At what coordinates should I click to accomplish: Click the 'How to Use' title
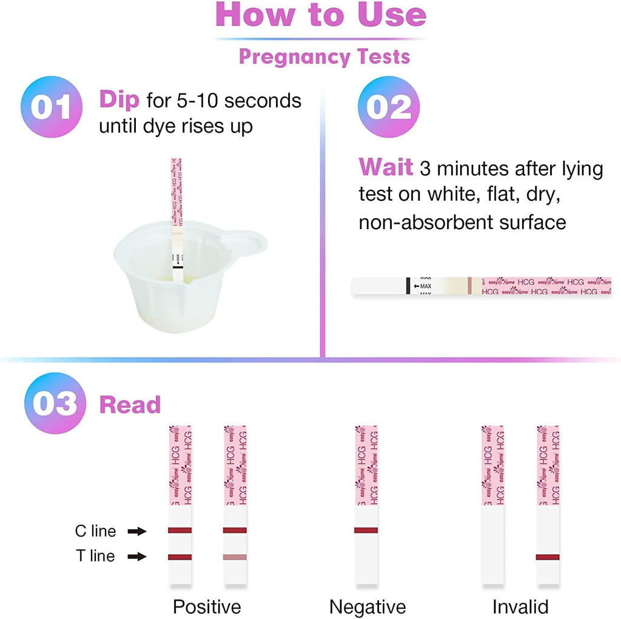[321, 16]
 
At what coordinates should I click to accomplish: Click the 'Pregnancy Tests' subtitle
[324, 57]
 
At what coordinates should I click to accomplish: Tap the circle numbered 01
[51, 107]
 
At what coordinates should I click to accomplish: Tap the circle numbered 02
[389, 107]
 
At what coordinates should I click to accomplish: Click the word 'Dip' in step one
[119, 99]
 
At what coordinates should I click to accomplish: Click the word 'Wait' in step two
[385, 167]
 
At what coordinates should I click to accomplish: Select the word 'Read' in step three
[130, 405]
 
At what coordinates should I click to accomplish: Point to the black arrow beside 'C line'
[137, 532]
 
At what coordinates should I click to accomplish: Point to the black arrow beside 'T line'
[137, 556]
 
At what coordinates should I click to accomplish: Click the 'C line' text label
[95, 532]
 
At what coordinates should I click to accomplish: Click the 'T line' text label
[95, 556]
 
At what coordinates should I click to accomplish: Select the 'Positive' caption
[207, 606]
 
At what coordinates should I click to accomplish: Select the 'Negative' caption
[368, 606]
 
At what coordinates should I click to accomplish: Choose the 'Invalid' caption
[520, 606]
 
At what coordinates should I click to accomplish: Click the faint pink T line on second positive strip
[235, 557]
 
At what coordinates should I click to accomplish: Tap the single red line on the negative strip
[366, 530]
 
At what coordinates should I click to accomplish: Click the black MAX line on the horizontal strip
[406, 286]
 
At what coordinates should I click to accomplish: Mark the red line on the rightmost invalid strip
[548, 557]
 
